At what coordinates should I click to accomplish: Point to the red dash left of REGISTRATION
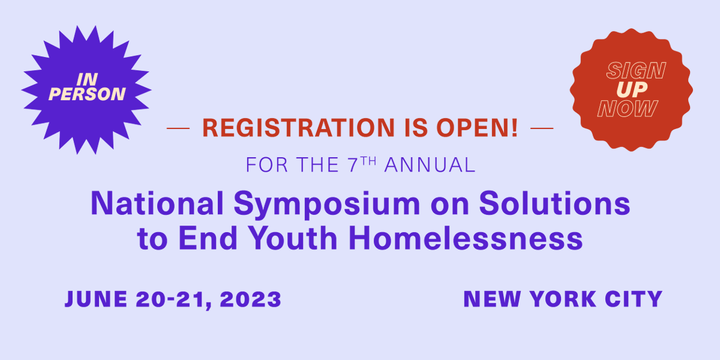click(178, 128)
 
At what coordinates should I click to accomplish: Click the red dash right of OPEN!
click(542, 128)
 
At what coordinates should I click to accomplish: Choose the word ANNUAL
click(430, 165)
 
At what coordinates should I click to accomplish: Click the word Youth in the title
click(296, 238)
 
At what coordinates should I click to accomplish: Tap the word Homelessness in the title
click(466, 238)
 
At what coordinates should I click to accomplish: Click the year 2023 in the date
click(252, 299)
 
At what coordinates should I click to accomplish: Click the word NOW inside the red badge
click(628, 109)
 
